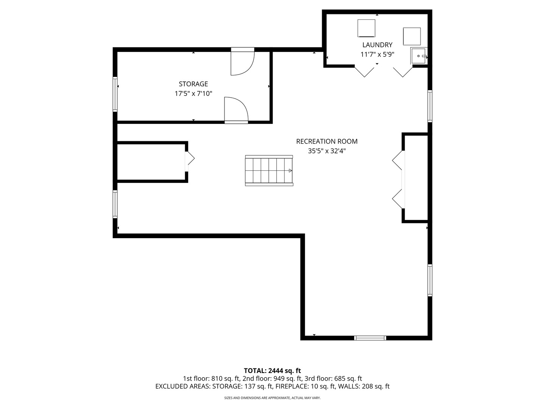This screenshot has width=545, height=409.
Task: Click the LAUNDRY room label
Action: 377,45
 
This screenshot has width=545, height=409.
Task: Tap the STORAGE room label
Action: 193,84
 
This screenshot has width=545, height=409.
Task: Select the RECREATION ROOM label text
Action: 327,141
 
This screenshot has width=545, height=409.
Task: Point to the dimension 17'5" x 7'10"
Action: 193,94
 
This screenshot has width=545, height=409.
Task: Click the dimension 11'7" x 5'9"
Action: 377,55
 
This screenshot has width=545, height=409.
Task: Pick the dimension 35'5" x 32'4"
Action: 327,151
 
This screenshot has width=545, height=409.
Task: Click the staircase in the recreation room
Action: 269,170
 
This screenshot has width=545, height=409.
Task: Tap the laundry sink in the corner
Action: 419,56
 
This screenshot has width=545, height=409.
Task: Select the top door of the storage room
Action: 243,62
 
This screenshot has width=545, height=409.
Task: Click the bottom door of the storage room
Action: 236,110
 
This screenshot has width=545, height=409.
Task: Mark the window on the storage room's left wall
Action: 115,94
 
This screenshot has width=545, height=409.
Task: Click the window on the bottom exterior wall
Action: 370,338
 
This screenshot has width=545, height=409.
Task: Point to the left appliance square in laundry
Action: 366,28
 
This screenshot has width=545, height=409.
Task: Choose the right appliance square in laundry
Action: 412,36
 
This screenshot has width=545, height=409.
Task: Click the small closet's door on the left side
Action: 190,158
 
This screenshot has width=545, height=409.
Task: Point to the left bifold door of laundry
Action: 364,72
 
